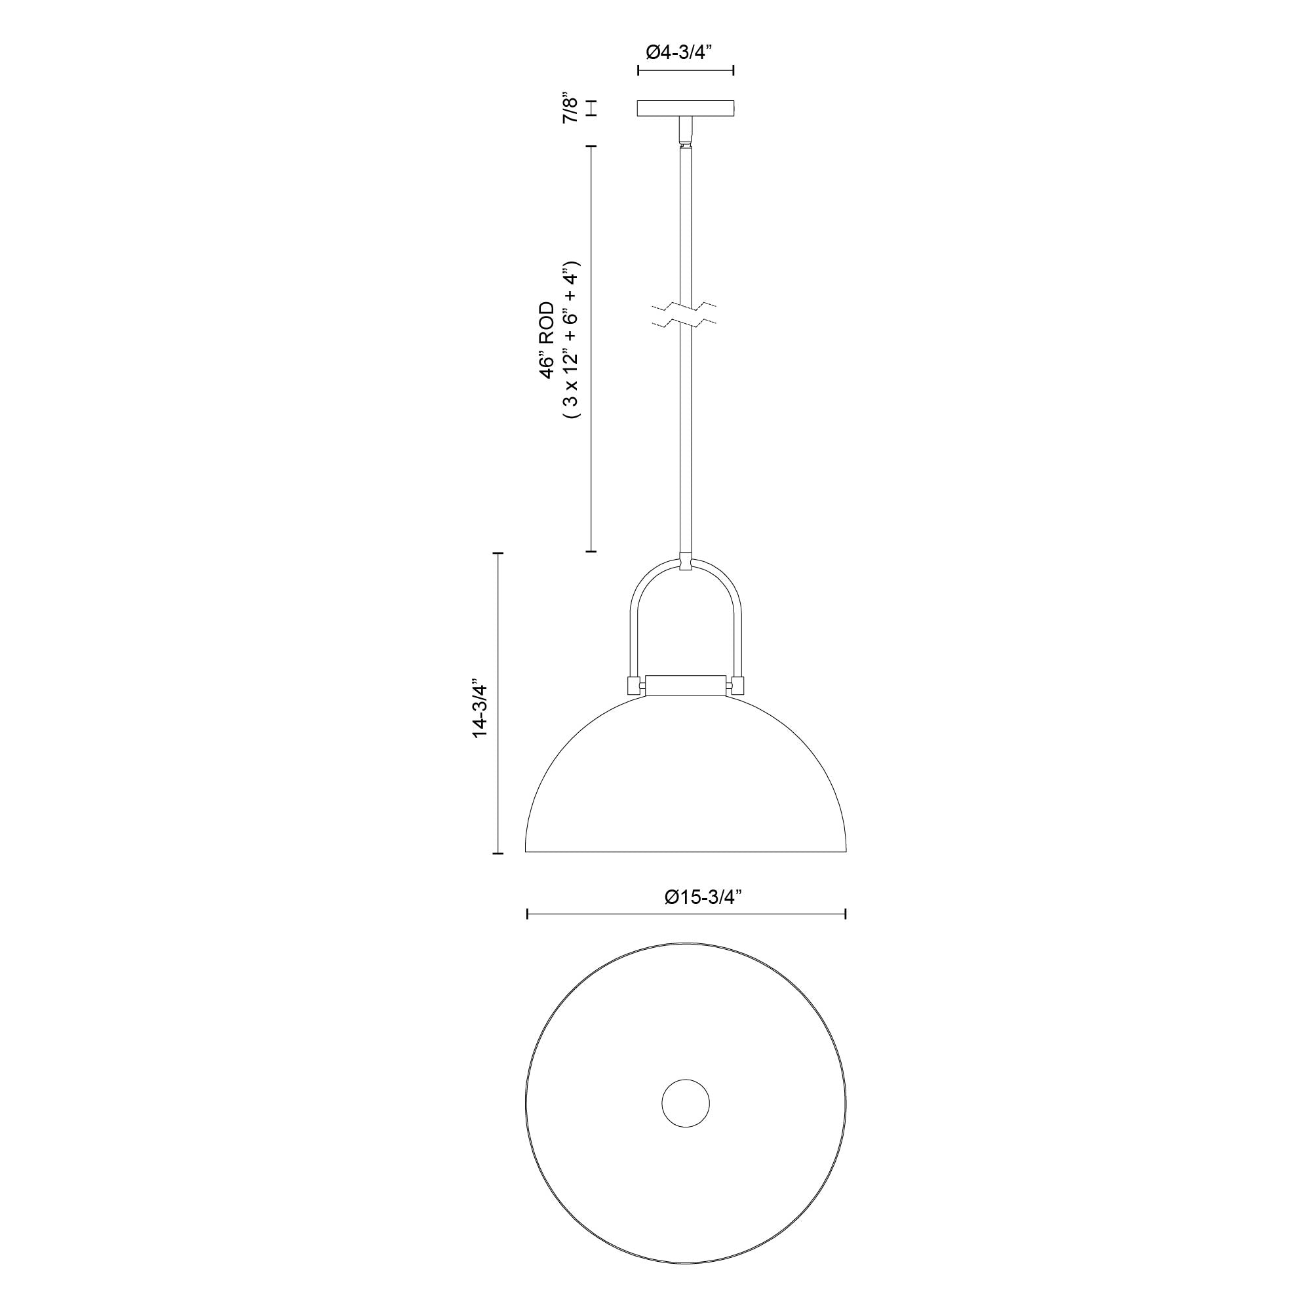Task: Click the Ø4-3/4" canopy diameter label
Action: point(686,52)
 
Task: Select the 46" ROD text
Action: point(547,340)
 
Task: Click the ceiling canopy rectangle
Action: point(686,109)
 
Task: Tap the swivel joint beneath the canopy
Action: point(686,132)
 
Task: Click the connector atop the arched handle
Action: point(686,563)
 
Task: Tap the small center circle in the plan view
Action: point(686,1103)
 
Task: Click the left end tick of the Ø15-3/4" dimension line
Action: point(528,914)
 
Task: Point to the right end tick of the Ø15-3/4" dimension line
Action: point(845,914)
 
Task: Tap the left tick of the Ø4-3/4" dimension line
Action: point(638,70)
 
